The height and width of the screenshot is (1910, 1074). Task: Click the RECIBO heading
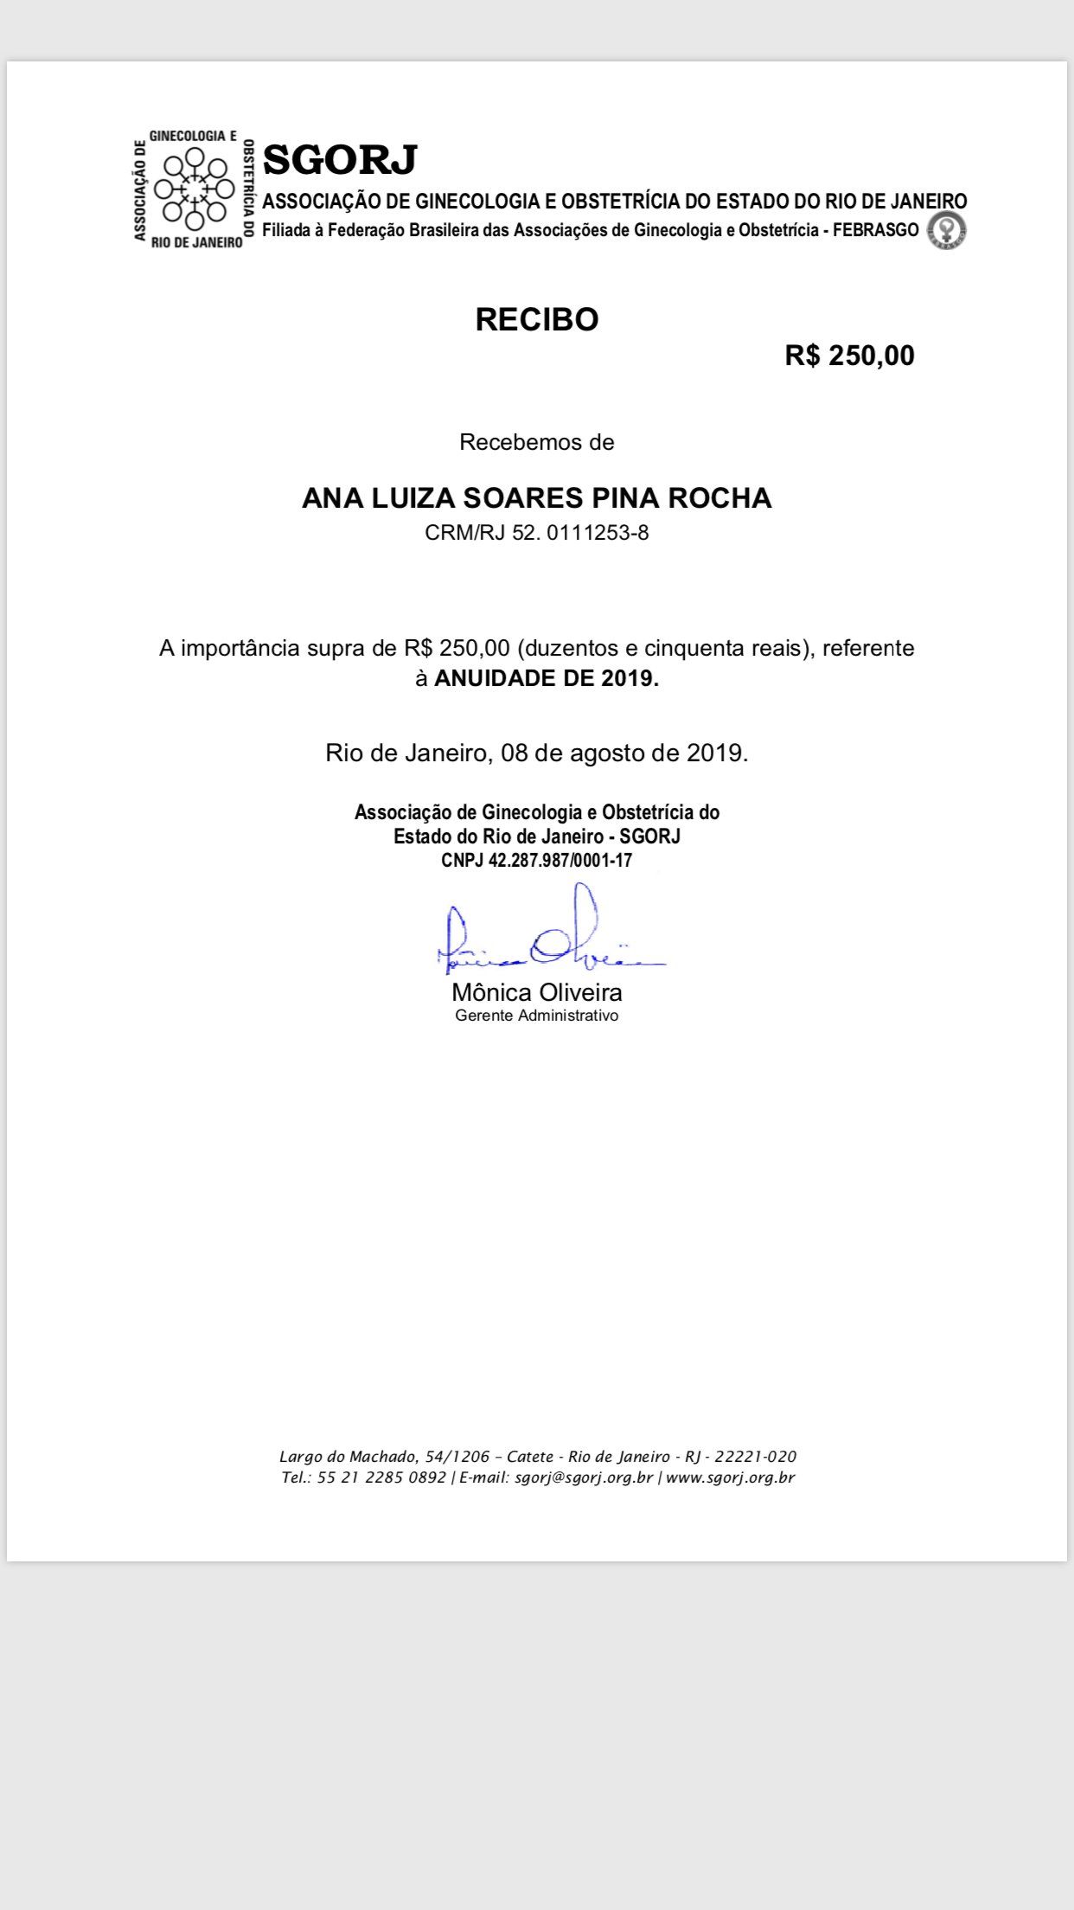pos(536,320)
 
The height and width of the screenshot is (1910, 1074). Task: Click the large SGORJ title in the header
pos(340,160)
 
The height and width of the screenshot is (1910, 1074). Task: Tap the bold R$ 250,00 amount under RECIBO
pos(849,356)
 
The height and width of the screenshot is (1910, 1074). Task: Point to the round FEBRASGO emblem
pos(947,231)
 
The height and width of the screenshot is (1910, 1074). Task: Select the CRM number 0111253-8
pos(598,533)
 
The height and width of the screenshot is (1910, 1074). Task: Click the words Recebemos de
pos(536,442)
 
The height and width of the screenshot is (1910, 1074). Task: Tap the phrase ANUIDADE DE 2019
pos(546,678)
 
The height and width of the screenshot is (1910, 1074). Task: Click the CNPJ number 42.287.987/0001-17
pos(560,861)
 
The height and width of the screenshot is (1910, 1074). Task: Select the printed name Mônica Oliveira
pos(536,992)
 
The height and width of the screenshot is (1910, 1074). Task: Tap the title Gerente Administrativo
pos(536,1016)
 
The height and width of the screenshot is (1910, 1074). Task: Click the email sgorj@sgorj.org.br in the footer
pos(584,1477)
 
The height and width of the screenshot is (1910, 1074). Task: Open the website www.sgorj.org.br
pos(730,1477)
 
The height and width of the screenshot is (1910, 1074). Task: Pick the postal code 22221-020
pos(755,1457)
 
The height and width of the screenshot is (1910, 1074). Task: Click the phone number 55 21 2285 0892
pos(381,1477)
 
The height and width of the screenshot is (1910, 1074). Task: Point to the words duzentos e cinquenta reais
pos(665,649)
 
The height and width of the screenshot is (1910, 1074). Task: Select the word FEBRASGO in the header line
pos(875,230)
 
